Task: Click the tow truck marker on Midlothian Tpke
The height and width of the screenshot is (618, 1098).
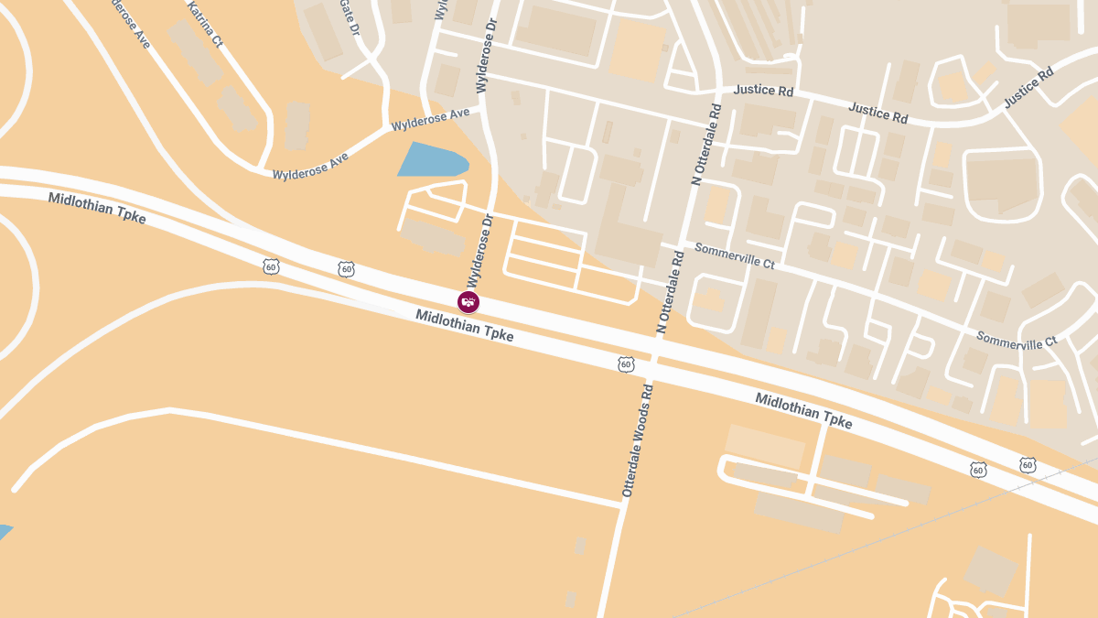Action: tap(468, 302)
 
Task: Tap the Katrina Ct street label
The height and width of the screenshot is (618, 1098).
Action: tap(205, 23)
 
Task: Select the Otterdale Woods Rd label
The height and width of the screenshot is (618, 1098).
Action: tap(638, 441)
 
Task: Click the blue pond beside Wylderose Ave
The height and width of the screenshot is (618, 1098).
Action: tap(431, 160)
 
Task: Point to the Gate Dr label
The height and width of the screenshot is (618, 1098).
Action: tap(350, 16)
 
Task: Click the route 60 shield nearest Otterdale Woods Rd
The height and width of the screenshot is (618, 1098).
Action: tap(626, 364)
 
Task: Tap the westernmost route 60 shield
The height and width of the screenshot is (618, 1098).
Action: tap(271, 266)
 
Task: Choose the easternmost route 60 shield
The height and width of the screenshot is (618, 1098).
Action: tap(1028, 465)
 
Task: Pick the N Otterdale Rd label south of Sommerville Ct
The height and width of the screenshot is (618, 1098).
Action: tap(670, 291)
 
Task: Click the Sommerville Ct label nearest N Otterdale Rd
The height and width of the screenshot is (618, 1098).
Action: tap(735, 255)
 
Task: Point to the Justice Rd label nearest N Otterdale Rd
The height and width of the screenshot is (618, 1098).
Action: tap(764, 91)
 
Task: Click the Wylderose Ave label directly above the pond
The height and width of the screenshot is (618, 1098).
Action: tap(430, 119)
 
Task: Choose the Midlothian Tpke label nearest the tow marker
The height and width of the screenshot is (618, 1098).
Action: tap(464, 326)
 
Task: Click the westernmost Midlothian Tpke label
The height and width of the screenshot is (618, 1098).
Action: tap(97, 209)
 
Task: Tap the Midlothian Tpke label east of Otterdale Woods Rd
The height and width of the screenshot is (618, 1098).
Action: tap(803, 411)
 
